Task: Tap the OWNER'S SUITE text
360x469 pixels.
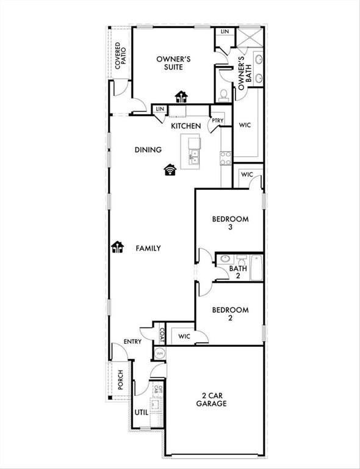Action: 174,63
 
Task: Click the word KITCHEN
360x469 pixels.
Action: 185,126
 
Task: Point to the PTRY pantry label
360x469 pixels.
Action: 217,121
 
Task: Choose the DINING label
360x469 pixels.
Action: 148,150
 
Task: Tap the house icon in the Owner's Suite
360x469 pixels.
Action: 181,96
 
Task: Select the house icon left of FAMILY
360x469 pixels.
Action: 117,247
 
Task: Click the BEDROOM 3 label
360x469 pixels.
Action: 230,224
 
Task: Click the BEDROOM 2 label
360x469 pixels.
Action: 230,314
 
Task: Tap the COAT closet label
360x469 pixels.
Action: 162,335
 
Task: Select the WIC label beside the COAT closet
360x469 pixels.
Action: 185,336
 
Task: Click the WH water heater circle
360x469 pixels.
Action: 159,353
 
